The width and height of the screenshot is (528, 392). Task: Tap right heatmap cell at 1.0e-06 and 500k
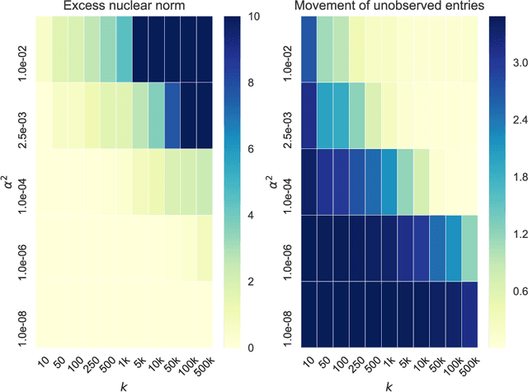pyautogui.click(x=469, y=248)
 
